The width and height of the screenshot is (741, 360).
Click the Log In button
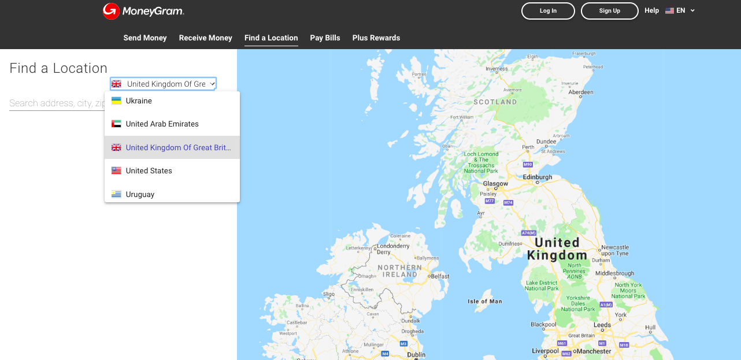[548, 11]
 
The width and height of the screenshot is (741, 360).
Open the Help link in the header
[651, 10]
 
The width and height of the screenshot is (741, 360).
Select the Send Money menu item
[145, 38]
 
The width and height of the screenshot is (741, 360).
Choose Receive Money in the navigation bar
[205, 38]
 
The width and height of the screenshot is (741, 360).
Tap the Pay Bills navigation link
[325, 38]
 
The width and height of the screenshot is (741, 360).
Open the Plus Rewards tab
[376, 38]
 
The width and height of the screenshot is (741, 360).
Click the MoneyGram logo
[143, 11]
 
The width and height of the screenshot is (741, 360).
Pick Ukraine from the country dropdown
[139, 101]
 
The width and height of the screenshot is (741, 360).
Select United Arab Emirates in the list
[162, 124]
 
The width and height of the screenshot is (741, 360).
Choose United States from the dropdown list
[149, 171]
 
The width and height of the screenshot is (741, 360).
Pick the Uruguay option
[140, 194]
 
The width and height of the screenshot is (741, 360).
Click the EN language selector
[680, 10]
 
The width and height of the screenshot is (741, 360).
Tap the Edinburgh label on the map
[537, 177]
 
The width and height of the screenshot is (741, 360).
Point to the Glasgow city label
[495, 184]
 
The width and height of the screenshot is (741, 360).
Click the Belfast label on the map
[440, 276]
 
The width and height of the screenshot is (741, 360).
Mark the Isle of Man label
[484, 301]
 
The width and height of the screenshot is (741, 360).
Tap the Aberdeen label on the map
[580, 92]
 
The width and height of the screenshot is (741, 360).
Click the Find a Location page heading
[58, 68]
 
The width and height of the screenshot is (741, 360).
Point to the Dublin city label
[416, 354]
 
